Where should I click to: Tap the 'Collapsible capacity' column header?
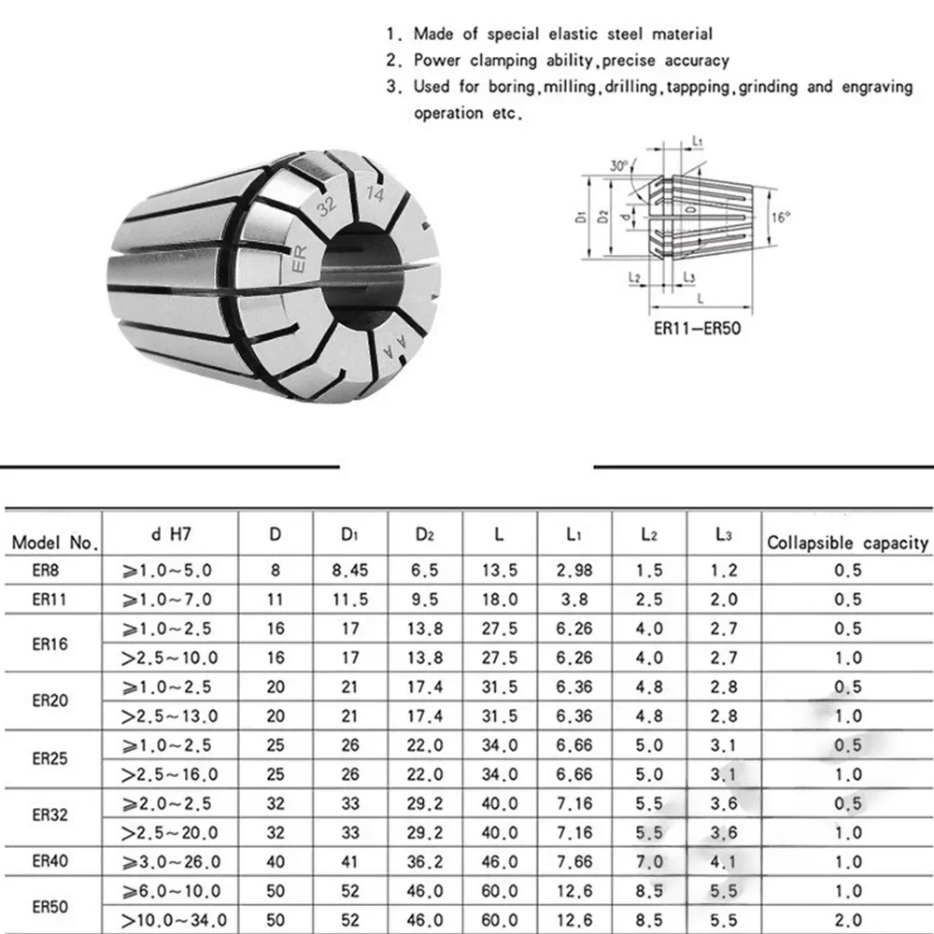[847, 542]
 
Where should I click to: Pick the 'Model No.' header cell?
[54, 542]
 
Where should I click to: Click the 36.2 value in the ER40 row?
[426, 862]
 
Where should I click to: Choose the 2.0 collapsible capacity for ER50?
[847, 920]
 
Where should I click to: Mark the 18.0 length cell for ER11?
[499, 599]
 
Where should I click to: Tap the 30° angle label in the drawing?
[618, 166]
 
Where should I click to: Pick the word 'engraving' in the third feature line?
[874, 87]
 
